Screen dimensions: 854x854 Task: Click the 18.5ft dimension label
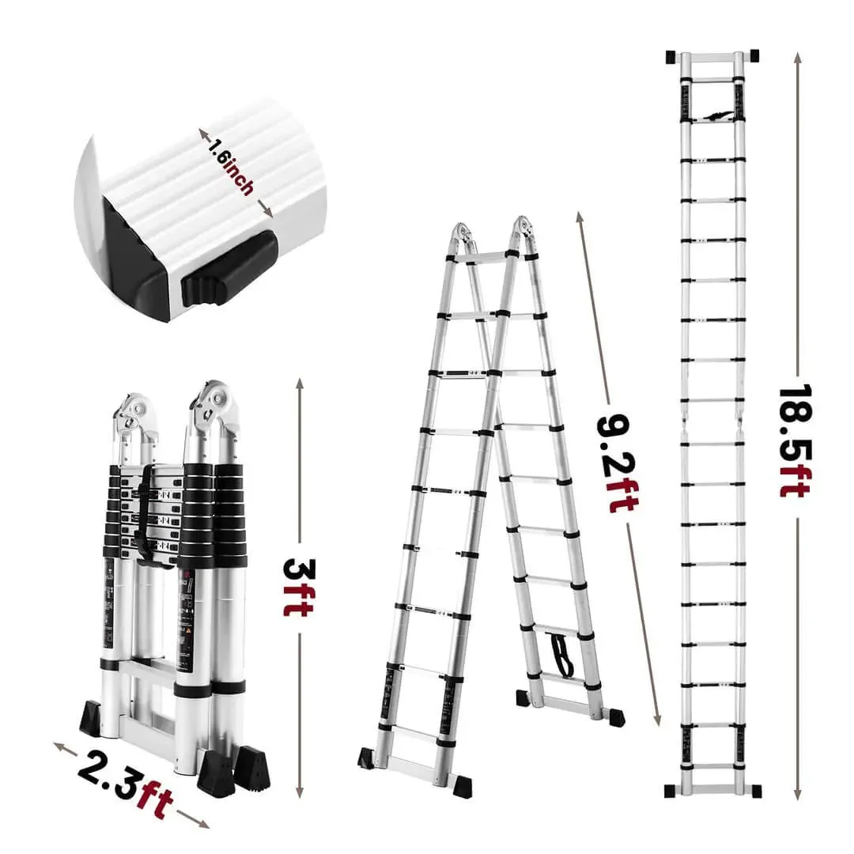click(795, 440)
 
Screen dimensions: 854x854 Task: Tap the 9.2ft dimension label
click(617, 463)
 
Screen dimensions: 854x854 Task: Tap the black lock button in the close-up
click(229, 269)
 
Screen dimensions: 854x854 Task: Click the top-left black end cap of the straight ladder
click(671, 57)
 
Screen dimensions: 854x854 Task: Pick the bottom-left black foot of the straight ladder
click(671, 791)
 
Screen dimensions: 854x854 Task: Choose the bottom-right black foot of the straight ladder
click(755, 791)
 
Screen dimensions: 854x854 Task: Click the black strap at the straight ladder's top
click(713, 115)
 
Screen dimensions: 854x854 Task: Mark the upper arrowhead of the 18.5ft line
click(797, 59)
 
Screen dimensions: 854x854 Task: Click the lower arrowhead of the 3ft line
click(299, 793)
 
